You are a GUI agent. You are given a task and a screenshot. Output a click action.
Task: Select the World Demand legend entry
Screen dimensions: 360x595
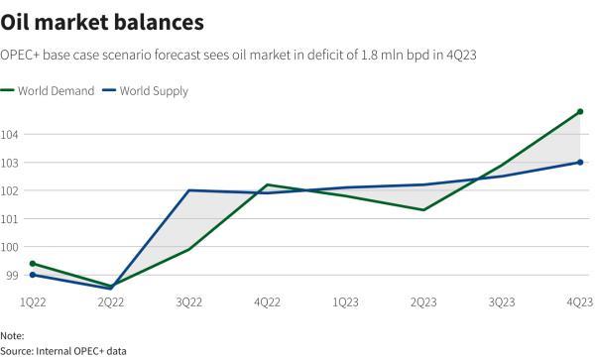pyautogui.click(x=55, y=91)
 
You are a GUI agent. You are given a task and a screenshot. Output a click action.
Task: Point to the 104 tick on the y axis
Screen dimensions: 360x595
pyautogui.click(x=11, y=134)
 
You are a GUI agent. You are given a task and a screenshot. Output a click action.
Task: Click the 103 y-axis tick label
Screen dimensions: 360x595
pyautogui.click(x=11, y=162)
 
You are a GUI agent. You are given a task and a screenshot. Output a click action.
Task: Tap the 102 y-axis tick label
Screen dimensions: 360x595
pyautogui.click(x=11, y=190)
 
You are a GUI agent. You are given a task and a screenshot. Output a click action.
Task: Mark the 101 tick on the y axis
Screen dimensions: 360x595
pyautogui.click(x=11, y=218)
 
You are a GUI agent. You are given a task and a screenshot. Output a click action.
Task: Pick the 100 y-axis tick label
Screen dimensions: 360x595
pyautogui.click(x=11, y=247)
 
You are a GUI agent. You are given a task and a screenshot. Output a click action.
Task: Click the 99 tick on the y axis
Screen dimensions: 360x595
pyautogui.click(x=9, y=275)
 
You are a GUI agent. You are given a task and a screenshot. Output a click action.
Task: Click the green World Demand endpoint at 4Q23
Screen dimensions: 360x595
pyautogui.click(x=580, y=112)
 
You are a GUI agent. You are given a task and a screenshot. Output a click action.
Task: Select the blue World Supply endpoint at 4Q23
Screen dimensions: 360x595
pyautogui.click(x=580, y=163)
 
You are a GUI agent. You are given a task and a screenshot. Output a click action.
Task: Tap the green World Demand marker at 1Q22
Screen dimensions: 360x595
pyautogui.click(x=33, y=264)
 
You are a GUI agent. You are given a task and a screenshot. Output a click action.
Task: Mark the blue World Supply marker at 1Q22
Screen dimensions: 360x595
pyautogui.click(x=33, y=275)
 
